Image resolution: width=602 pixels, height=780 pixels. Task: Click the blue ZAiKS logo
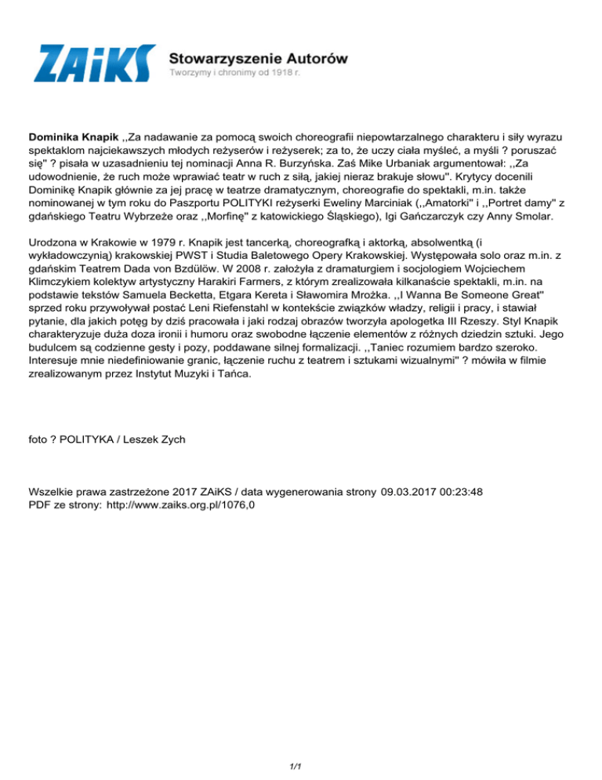[x=95, y=64]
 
